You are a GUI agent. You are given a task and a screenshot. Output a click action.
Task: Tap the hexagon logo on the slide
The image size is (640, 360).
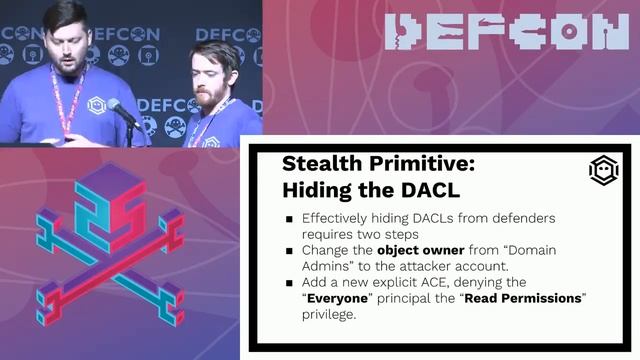click(603, 171)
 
